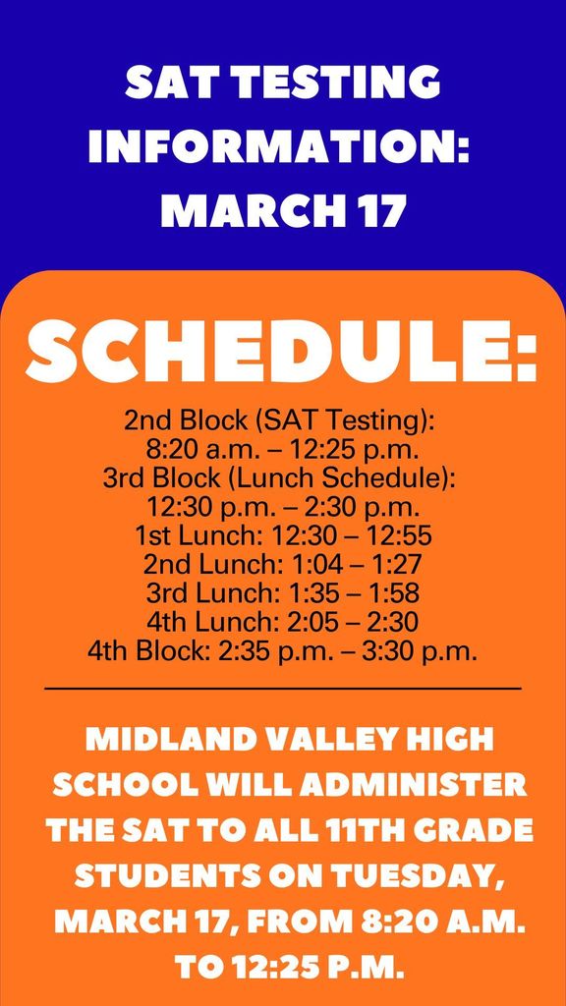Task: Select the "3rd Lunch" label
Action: pos(200,592)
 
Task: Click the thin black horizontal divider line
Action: pos(282,689)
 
